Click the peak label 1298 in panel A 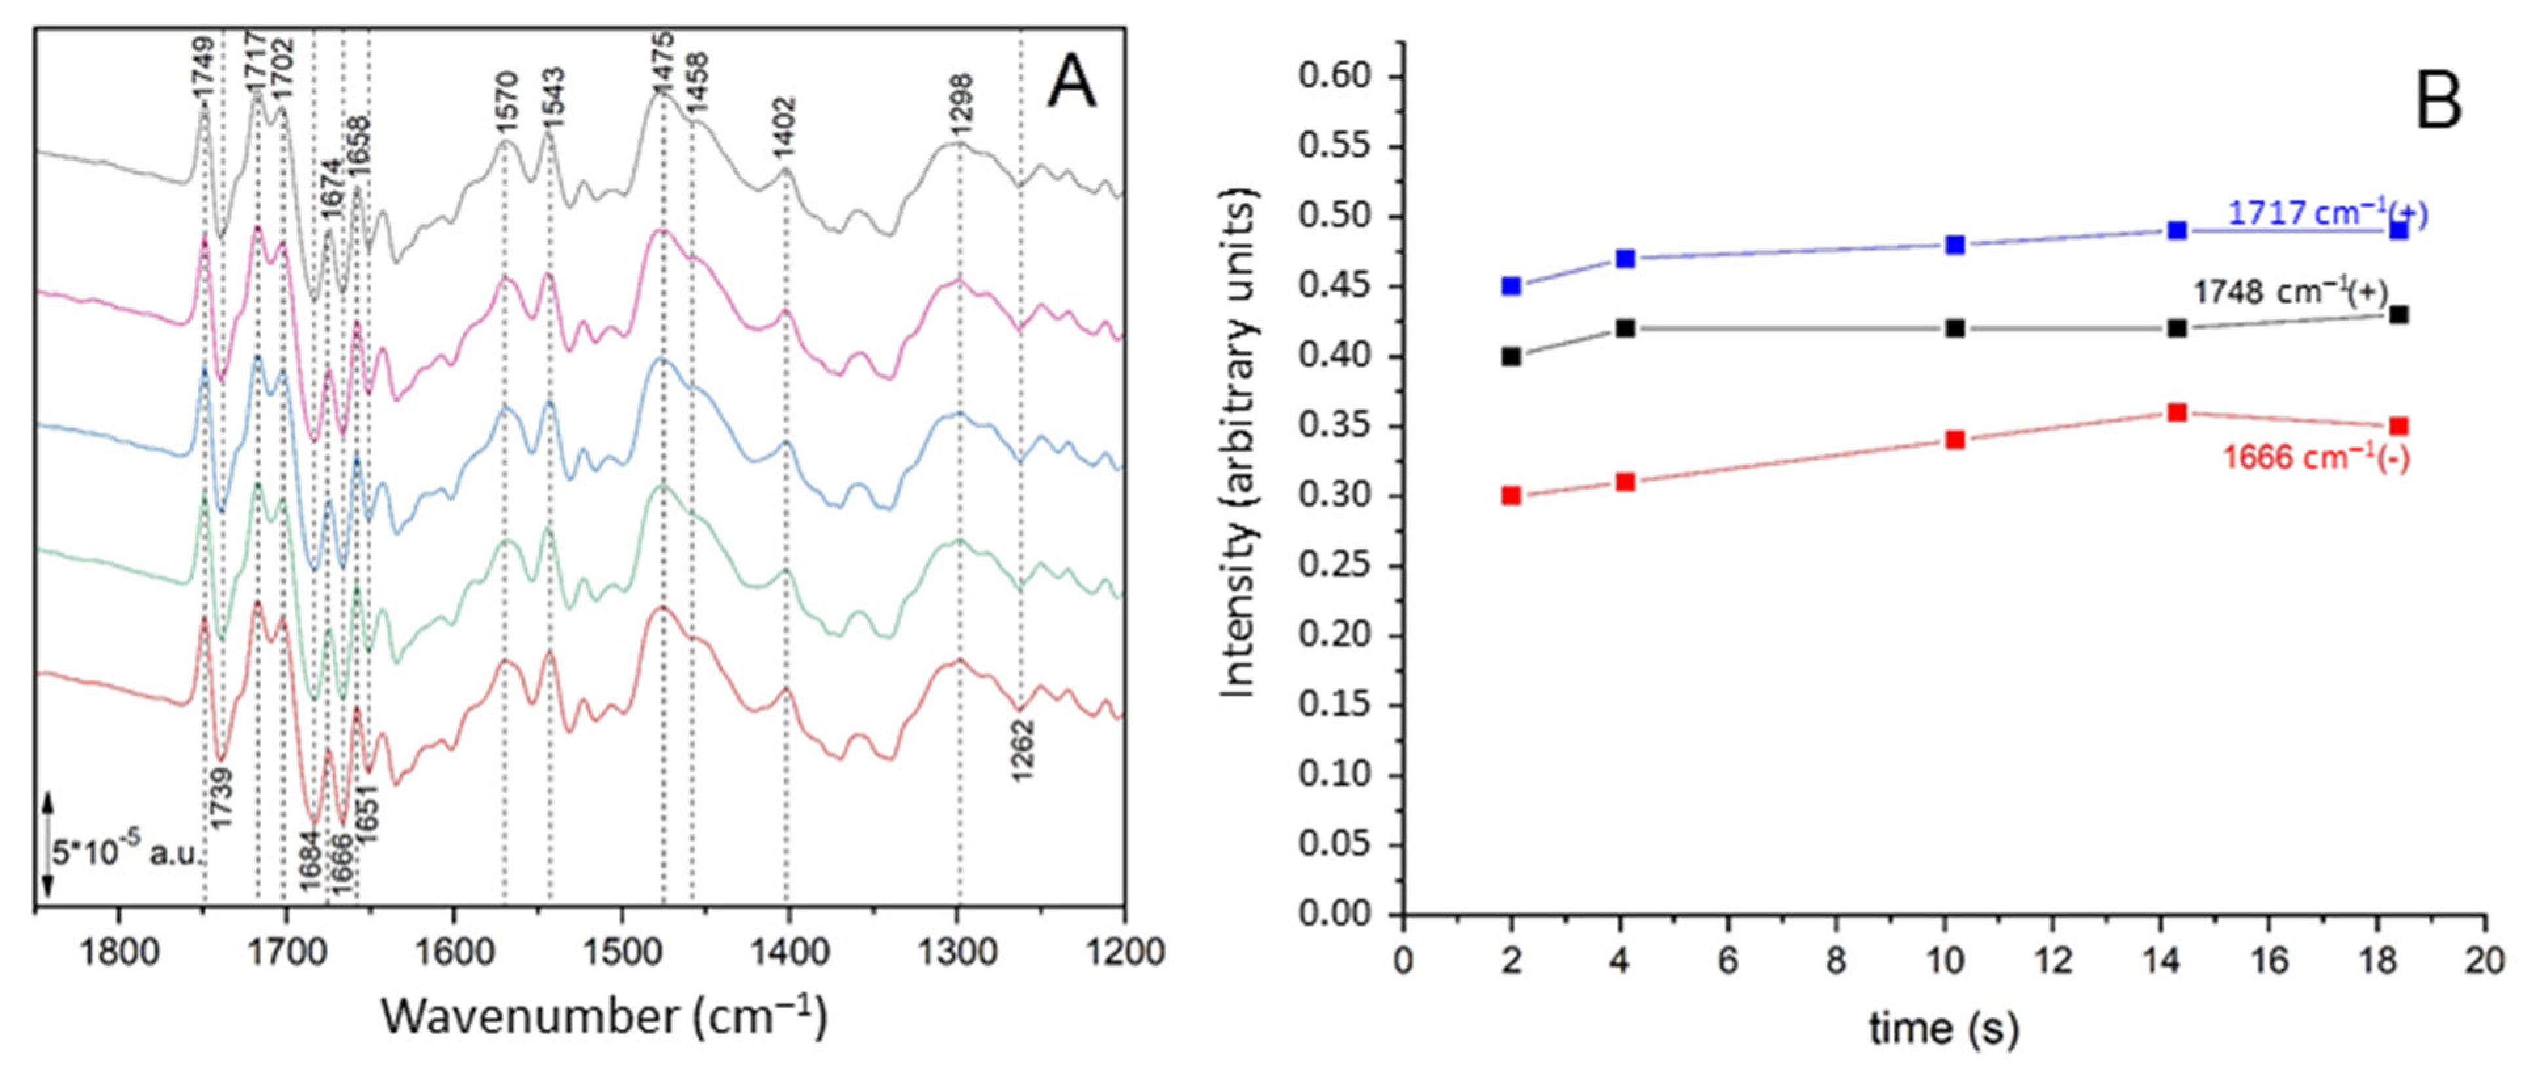pos(961,104)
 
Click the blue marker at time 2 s pos(1511,286)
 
